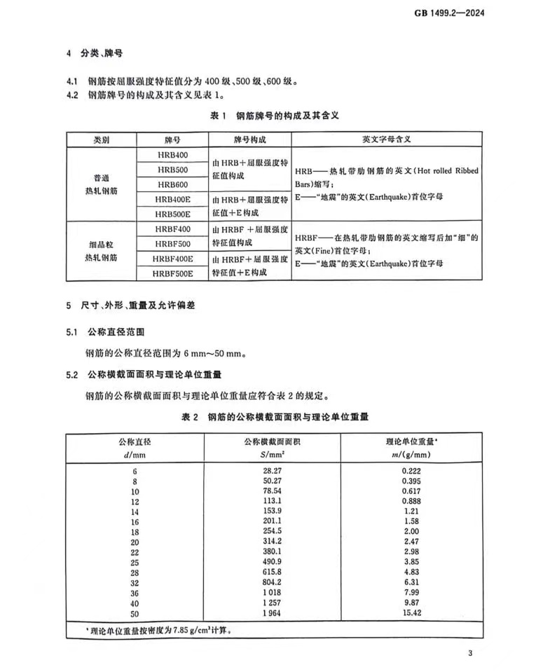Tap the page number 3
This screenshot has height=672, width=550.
coord(472,654)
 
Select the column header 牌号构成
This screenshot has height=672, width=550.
coord(249,139)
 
